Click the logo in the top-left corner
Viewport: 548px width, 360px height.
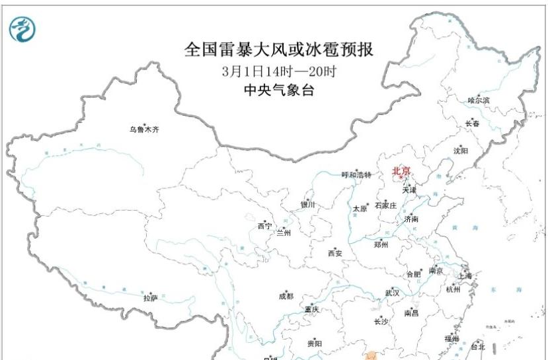[22, 28]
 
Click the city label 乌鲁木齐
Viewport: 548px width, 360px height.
[144, 129]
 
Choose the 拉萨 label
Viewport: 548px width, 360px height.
[151, 298]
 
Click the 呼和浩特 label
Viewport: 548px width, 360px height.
[356, 175]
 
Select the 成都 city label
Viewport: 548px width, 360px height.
[286, 297]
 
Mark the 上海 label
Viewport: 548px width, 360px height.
[464, 276]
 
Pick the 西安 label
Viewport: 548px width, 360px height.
[334, 253]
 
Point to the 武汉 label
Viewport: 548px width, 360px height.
[392, 293]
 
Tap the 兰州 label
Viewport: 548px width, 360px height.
[283, 233]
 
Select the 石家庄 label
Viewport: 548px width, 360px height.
[385, 205]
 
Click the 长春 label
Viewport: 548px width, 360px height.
[472, 124]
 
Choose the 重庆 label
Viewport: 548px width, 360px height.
[311, 309]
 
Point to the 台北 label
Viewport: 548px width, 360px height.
[477, 346]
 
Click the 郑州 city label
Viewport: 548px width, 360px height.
[381, 244]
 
